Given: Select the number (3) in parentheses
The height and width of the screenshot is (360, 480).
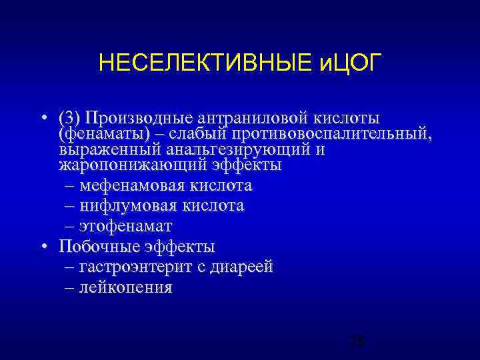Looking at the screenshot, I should click(x=70, y=118).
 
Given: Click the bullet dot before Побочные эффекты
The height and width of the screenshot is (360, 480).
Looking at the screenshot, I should click(x=43, y=247).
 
